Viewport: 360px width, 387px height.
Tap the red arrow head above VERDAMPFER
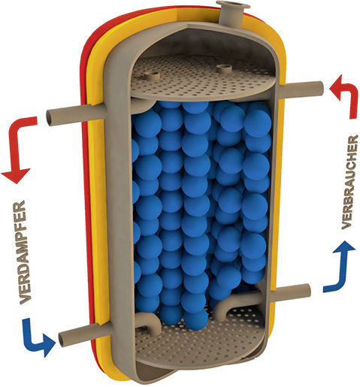[x=15, y=176]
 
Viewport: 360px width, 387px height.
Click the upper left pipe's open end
[x=51, y=118]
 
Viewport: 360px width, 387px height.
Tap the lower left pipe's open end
[x=62, y=339]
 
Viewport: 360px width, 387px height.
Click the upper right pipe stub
[x=301, y=90]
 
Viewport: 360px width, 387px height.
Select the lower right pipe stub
[x=292, y=292]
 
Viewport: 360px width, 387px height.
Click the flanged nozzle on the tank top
[x=231, y=13]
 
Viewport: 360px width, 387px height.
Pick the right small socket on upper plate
[x=225, y=68]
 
